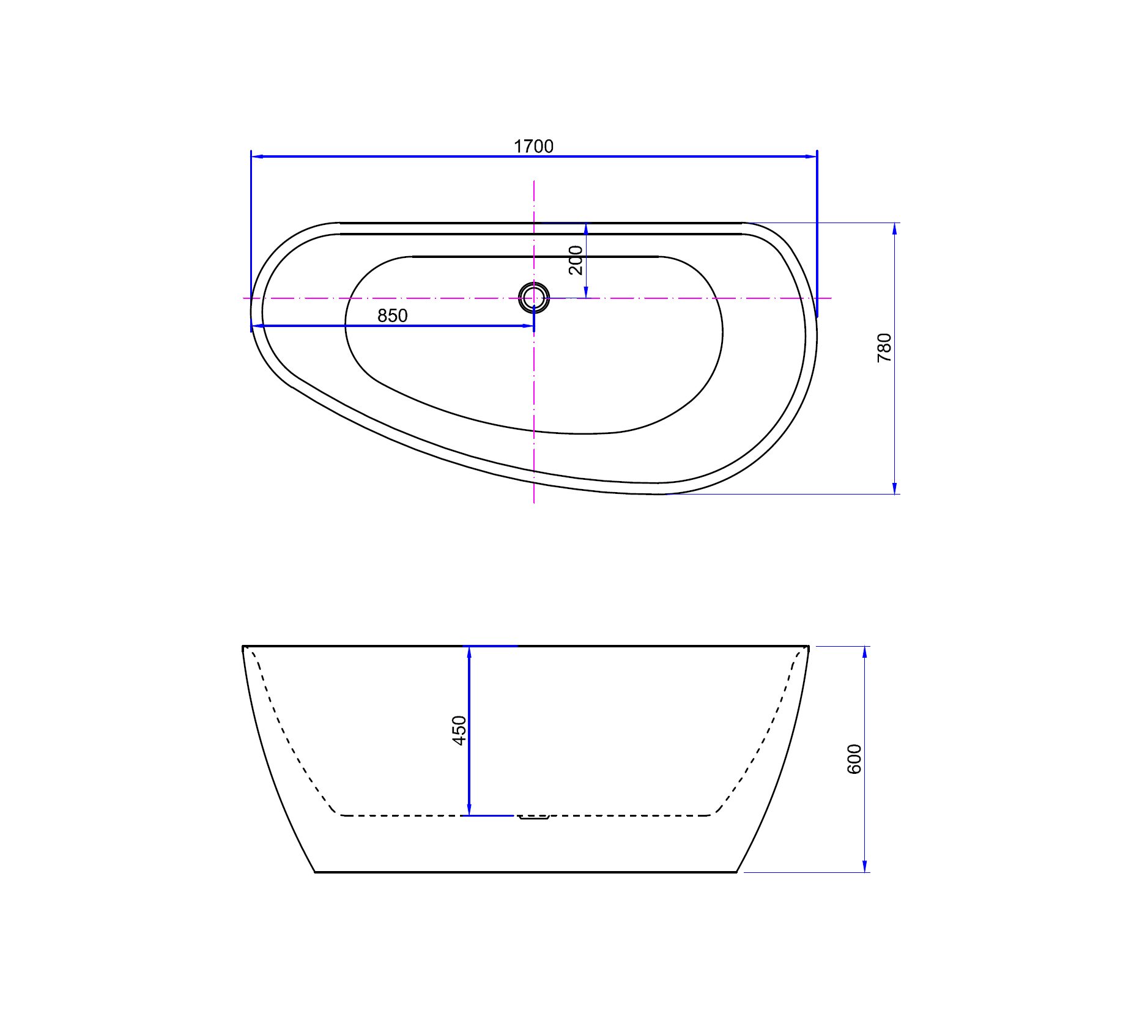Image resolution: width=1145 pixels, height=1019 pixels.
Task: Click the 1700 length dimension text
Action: coord(533,147)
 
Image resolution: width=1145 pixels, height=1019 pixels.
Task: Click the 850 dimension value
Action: coord(392,316)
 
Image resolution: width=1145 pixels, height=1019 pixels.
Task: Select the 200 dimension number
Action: coord(576,260)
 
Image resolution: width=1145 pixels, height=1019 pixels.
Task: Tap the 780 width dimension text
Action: coord(884,348)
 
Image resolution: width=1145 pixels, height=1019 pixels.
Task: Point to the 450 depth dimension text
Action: coord(459,730)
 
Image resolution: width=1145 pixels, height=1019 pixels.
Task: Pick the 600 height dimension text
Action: coord(854,759)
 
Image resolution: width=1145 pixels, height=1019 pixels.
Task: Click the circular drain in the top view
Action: coord(534,298)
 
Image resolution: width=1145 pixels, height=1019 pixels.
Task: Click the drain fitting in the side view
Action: coord(534,817)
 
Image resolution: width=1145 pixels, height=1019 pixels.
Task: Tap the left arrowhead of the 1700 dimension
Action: coord(258,156)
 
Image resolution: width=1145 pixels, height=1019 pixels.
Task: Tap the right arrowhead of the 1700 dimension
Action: coord(811,156)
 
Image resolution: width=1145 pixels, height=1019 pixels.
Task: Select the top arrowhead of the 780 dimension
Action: coord(895,229)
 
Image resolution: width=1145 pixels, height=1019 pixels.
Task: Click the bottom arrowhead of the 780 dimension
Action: coord(895,488)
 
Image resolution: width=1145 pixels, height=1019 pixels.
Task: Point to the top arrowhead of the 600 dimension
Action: coord(865,652)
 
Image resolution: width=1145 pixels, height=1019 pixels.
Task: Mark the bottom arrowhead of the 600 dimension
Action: coord(865,866)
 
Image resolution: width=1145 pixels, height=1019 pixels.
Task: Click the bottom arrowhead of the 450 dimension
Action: coord(469,809)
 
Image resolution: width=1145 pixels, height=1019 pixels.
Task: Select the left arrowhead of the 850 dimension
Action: coord(258,326)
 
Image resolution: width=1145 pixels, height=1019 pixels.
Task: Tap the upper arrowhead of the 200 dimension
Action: coord(586,229)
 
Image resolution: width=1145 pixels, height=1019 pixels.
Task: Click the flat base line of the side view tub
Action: coord(526,872)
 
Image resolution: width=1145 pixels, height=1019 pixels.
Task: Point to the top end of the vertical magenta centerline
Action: coord(534,182)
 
